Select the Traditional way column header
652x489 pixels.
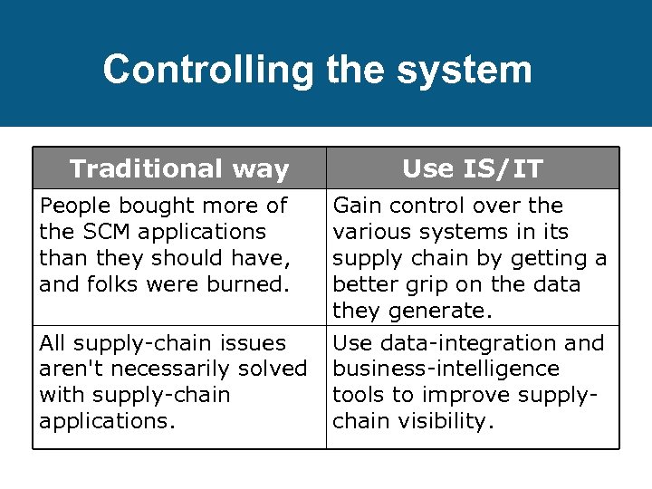click(179, 168)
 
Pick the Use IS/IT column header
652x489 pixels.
click(473, 168)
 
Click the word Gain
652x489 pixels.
click(358, 206)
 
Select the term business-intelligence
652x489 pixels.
click(446, 369)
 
